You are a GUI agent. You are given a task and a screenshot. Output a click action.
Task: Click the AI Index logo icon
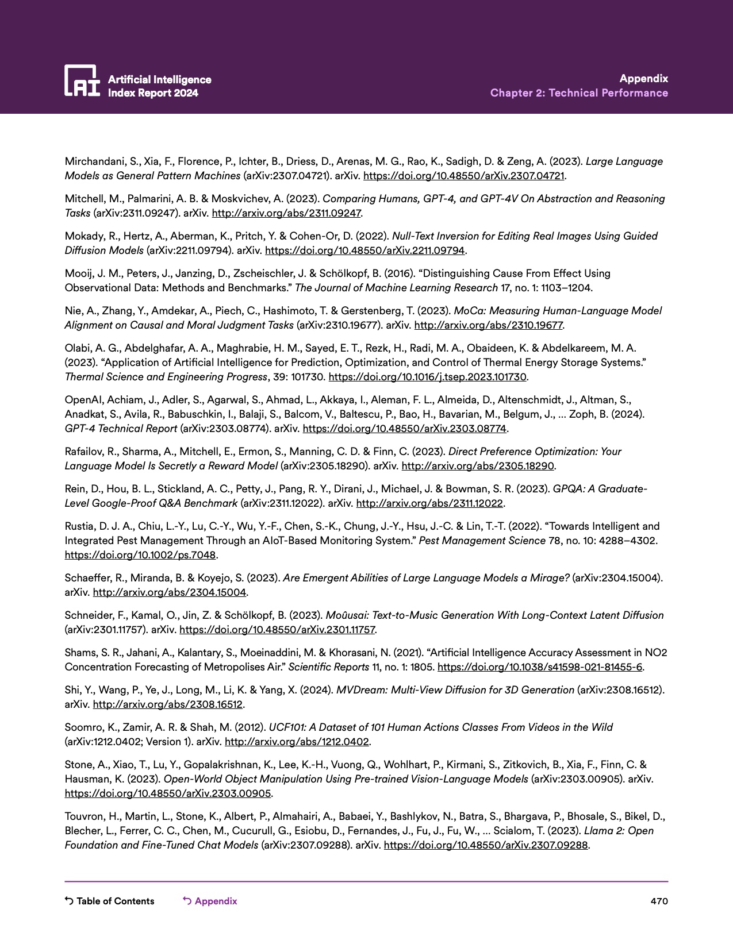click(82, 80)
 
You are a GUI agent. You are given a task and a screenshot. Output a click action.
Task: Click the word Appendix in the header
click(643, 79)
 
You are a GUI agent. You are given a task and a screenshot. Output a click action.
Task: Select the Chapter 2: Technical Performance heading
click(579, 93)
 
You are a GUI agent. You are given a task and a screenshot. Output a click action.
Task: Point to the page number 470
click(659, 901)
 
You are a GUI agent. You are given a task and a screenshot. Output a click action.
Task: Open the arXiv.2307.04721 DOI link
click(463, 176)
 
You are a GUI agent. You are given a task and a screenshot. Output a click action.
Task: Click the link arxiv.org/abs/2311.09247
click(286, 213)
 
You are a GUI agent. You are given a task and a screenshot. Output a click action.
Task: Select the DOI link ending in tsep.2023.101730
click(428, 377)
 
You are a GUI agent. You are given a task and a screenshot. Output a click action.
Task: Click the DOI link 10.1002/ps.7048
click(140, 555)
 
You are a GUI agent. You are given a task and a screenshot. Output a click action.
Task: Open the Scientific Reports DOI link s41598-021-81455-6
click(540, 667)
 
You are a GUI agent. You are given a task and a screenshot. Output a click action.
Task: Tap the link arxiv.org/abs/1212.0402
click(297, 742)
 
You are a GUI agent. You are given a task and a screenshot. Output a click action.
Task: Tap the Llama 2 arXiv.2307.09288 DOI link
click(486, 845)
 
